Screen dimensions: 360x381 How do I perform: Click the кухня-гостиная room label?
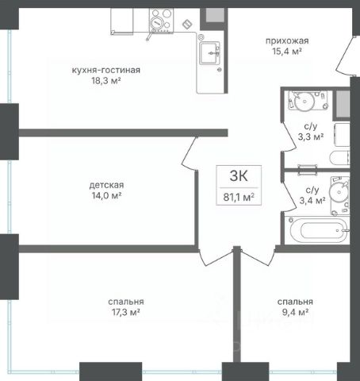pyautogui.click(x=106, y=71)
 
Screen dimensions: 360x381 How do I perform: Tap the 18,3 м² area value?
pyautogui.click(x=106, y=80)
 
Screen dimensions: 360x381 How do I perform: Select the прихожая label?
pyautogui.click(x=287, y=41)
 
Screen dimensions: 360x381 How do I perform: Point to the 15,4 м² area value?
pyautogui.click(x=287, y=52)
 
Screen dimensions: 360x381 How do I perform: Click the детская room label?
pyautogui.click(x=106, y=185)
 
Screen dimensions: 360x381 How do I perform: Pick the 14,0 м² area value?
pyautogui.click(x=106, y=196)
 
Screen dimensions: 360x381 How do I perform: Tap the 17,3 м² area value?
pyautogui.click(x=125, y=313)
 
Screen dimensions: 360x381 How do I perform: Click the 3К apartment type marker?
pyautogui.click(x=239, y=176)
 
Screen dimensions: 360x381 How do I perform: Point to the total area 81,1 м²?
pyautogui.click(x=239, y=197)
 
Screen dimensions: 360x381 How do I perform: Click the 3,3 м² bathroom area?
pyautogui.click(x=311, y=137)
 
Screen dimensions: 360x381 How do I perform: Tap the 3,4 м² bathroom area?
pyautogui.click(x=312, y=201)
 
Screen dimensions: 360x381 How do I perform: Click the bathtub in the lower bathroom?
pyautogui.click(x=319, y=230)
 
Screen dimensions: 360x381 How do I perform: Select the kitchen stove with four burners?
pyautogui.click(x=161, y=21)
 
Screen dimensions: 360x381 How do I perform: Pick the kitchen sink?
pyautogui.click(x=209, y=53)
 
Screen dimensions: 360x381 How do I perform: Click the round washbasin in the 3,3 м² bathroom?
pyautogui.click(x=304, y=101)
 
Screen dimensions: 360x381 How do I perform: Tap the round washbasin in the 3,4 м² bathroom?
pyautogui.click(x=339, y=190)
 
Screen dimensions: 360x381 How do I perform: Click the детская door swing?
pyautogui.click(x=190, y=154)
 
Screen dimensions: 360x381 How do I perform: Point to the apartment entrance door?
pyautogui.click(x=344, y=56)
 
